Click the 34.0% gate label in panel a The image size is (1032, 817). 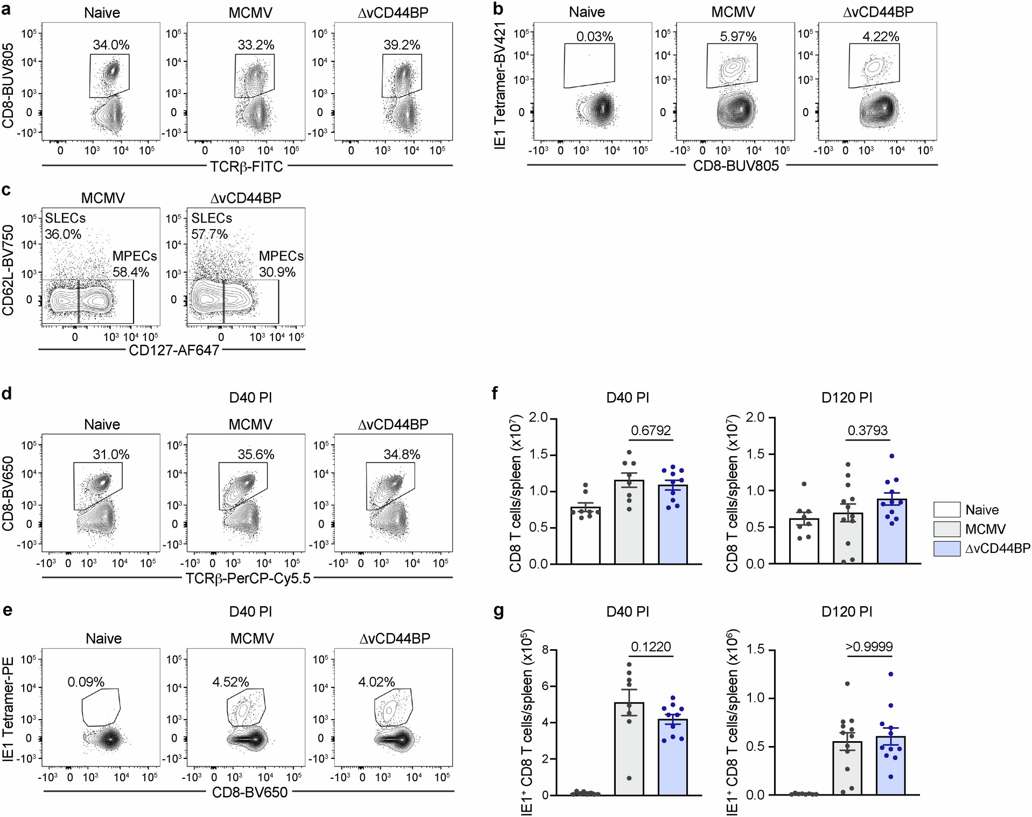point(111,45)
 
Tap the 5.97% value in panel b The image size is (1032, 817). point(738,37)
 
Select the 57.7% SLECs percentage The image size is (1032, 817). point(209,235)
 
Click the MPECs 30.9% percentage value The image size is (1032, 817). point(277,272)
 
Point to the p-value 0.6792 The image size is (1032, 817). point(651,431)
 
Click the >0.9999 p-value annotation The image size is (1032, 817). point(869,647)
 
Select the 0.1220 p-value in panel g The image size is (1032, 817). point(651,647)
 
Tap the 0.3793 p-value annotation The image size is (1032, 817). point(867,431)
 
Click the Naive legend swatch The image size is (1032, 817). point(946,510)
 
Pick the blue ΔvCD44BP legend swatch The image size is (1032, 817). point(946,549)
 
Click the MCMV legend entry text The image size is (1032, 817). point(985,529)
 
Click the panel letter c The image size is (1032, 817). point(6,190)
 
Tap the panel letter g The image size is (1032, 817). point(499,611)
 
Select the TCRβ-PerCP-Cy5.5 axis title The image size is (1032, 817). point(248,579)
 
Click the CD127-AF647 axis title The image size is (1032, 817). point(174,351)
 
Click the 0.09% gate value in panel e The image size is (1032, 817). point(86,682)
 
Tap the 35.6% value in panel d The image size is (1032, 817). point(256,455)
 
